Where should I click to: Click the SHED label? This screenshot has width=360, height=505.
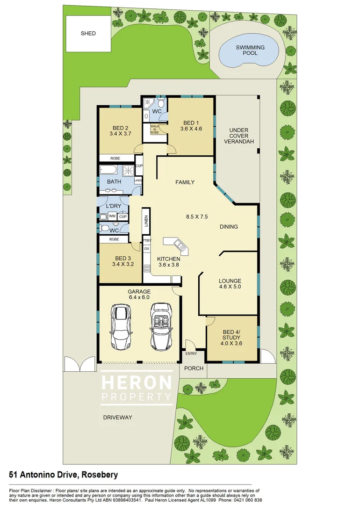click(x=88, y=34)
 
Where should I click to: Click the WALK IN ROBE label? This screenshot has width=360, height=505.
click(x=155, y=130)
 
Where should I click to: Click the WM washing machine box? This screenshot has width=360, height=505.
click(x=112, y=216)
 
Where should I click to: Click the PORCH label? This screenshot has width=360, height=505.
click(x=194, y=368)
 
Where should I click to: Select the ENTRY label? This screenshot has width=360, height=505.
click(x=192, y=354)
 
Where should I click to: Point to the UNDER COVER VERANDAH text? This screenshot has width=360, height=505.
click(x=238, y=136)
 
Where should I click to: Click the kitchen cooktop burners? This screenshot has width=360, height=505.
click(x=146, y=269)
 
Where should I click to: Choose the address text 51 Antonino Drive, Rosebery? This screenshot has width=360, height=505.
click(x=63, y=475)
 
